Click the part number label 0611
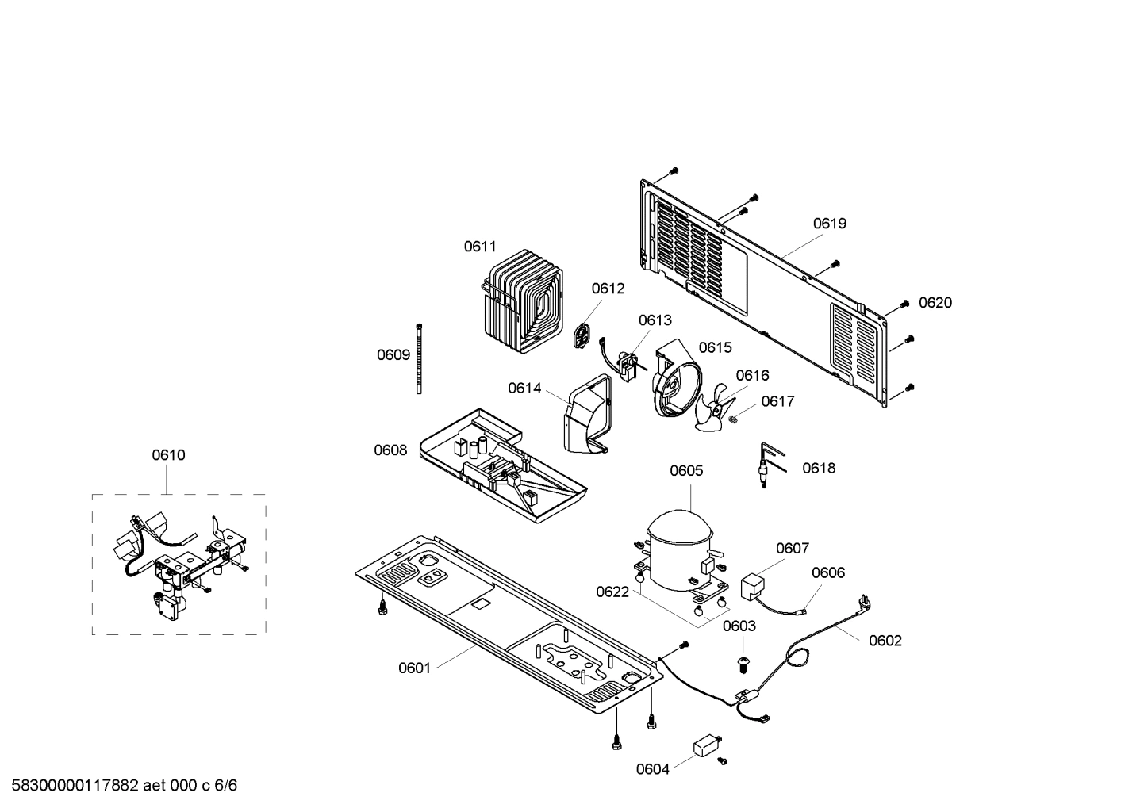pos(480,247)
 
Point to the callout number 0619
pos(829,224)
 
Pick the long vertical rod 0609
pos(418,358)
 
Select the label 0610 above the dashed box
pos(168,455)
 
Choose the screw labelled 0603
pos(743,663)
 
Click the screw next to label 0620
pos(904,304)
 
